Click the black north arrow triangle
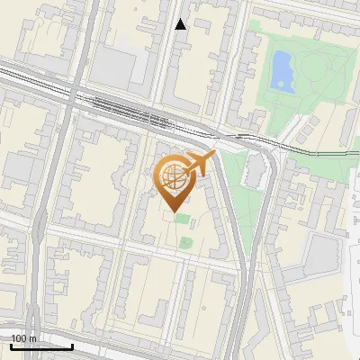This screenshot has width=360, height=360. [181, 24]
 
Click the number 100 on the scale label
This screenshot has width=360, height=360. [19, 338]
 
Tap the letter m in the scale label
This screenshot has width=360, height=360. [32, 338]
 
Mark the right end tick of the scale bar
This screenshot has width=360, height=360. [73, 346]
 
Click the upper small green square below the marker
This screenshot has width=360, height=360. [183, 219]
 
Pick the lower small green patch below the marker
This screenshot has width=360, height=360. [186, 241]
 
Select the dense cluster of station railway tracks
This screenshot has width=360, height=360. [144, 114]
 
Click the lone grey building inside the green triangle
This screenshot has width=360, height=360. [255, 170]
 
